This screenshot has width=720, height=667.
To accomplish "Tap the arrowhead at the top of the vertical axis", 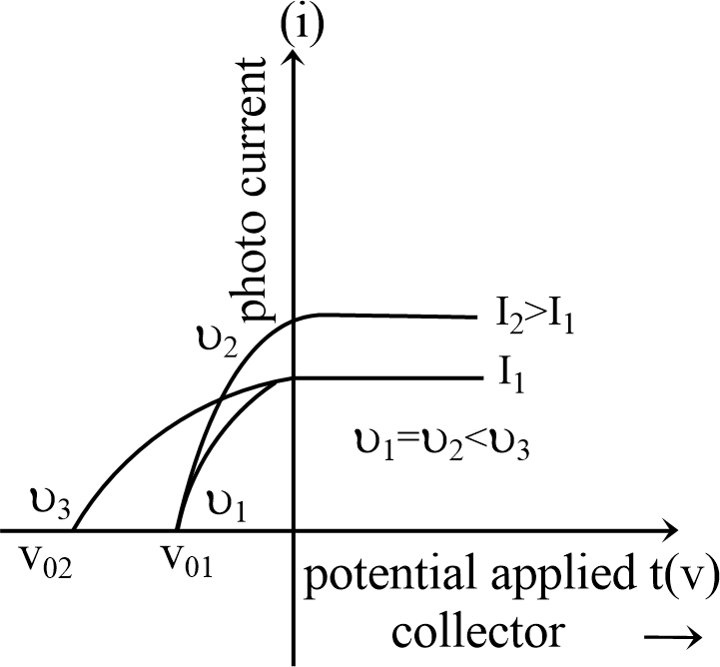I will pyautogui.click(x=294, y=53).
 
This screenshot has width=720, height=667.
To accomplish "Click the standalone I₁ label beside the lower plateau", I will pyautogui.click(x=519, y=379).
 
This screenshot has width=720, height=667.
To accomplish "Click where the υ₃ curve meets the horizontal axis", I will pyautogui.click(x=75, y=528).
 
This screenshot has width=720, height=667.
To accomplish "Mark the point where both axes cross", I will pyautogui.click(x=294, y=528).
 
